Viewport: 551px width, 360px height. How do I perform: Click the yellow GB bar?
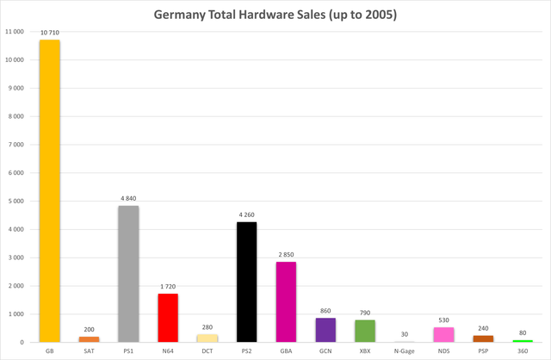click(x=50, y=191)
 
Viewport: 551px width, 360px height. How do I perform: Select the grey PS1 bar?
click(x=128, y=274)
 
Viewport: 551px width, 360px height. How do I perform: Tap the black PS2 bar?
click(x=247, y=282)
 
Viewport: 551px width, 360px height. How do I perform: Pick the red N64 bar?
click(x=168, y=318)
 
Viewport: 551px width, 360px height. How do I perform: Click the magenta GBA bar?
click(x=286, y=302)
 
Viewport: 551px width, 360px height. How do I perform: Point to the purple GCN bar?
click(x=325, y=330)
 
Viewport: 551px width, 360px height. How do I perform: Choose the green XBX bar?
click(x=365, y=331)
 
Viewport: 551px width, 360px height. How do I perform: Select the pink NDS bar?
click(x=444, y=335)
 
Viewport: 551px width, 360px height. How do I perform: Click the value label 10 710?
click(x=50, y=33)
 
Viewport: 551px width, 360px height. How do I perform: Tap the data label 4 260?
click(x=247, y=214)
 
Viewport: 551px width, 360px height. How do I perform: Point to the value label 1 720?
click(x=168, y=287)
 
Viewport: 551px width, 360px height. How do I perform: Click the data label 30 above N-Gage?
click(x=405, y=334)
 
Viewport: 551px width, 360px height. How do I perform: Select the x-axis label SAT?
click(x=89, y=351)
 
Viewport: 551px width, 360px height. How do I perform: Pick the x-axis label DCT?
click(x=207, y=351)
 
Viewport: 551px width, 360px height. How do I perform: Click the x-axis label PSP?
click(x=483, y=351)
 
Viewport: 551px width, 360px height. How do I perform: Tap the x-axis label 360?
click(x=523, y=351)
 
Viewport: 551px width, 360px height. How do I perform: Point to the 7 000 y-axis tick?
click(x=16, y=145)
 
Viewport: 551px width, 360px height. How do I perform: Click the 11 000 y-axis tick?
click(x=15, y=32)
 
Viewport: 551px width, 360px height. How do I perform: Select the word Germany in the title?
click(x=179, y=16)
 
